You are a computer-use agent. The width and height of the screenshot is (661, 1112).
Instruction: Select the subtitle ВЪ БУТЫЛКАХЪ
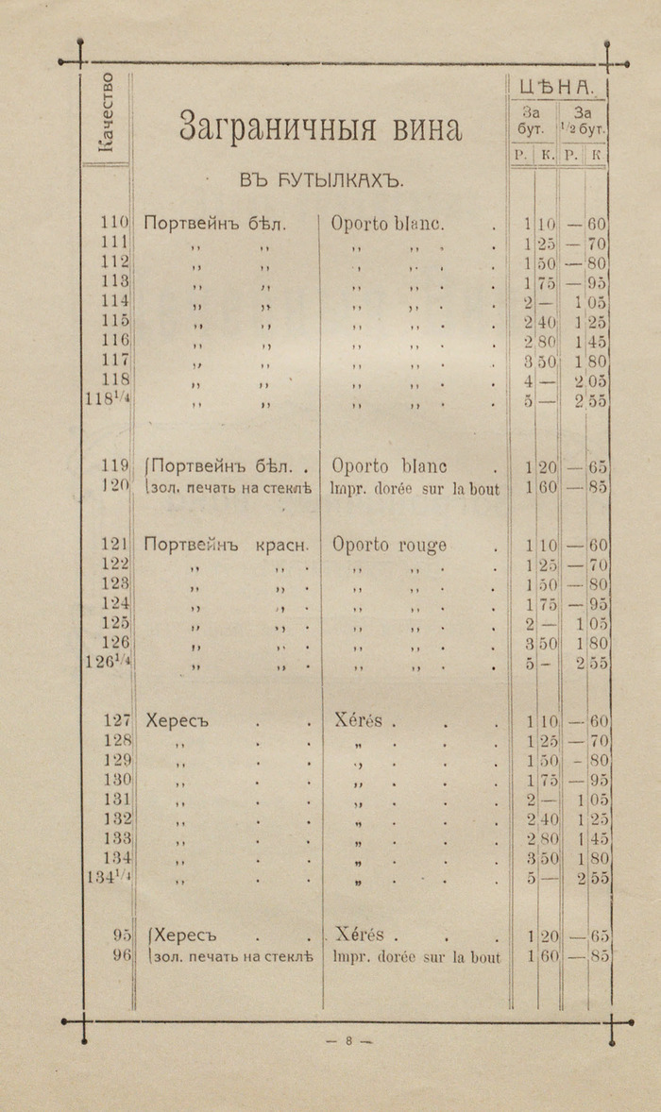coord(315,179)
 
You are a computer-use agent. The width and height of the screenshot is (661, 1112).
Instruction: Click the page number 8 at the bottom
coord(348,1041)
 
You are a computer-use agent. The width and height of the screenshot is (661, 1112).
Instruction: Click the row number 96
coord(120,955)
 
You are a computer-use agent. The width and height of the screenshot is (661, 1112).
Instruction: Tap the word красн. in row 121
coord(281,546)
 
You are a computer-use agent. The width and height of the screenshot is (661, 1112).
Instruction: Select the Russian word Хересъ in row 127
coord(176,721)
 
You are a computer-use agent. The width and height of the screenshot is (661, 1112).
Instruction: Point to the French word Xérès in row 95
coord(359,935)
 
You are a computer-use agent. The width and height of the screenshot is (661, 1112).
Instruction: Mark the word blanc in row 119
coord(420,466)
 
